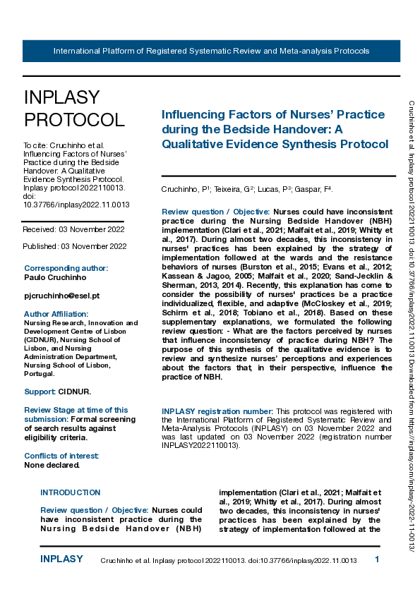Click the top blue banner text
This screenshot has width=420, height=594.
tap(211, 51)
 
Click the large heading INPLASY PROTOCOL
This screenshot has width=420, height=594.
tap(74, 109)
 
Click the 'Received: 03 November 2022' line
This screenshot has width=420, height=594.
tap(73, 229)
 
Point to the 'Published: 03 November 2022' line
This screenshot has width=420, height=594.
tap(74, 246)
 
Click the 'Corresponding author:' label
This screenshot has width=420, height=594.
tap(66, 268)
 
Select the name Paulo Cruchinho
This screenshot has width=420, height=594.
tap(56, 277)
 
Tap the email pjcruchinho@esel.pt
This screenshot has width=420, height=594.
tap(61, 296)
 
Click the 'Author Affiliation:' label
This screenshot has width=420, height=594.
tap(56, 314)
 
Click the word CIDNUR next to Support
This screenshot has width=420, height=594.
tap(73, 391)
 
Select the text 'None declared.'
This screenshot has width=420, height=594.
tap(52, 465)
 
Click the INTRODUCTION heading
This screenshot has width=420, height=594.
tap(70, 492)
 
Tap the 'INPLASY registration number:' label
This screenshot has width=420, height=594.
tap(217, 411)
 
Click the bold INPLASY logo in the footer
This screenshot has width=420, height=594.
tap(61, 559)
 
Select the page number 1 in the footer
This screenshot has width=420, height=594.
tap(377, 559)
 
